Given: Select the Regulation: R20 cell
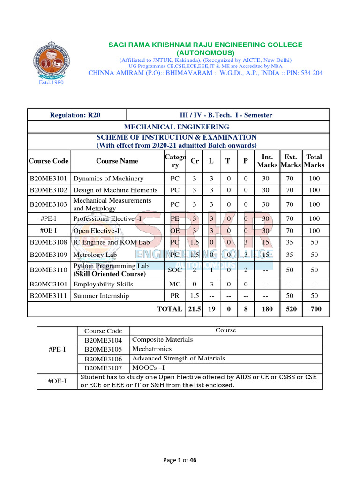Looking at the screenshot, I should [x=75, y=115].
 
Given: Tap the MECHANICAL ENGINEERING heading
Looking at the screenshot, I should [x=176, y=127].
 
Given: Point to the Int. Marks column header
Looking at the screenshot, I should [x=267, y=161].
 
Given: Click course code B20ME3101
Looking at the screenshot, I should [x=49, y=179].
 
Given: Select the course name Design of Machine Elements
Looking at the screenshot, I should [x=115, y=190].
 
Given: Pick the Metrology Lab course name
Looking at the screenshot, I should [x=95, y=255].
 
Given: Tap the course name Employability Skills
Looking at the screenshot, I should [x=103, y=285].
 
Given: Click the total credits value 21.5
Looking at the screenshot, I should [x=194, y=309].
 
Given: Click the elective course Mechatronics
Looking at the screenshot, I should [x=152, y=349].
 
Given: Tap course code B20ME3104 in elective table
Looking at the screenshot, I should [x=103, y=340].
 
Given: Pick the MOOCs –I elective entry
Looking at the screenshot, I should [x=148, y=368].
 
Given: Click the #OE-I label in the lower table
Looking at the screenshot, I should [x=57, y=381].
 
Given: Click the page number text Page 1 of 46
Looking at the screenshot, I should [x=180, y=460].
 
